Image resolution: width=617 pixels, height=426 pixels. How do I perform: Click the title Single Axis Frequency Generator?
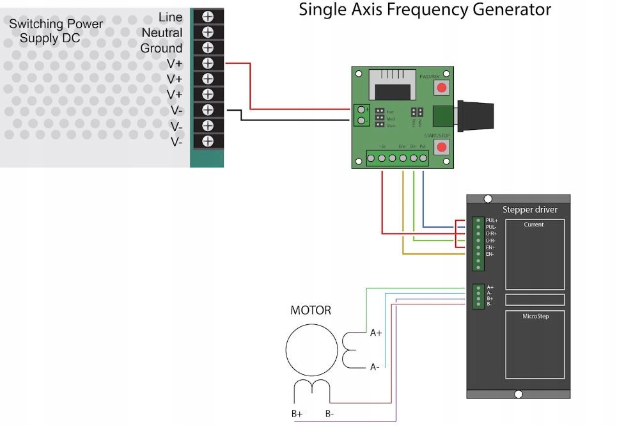tap(425, 10)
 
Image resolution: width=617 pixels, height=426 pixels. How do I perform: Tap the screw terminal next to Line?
tap(208, 17)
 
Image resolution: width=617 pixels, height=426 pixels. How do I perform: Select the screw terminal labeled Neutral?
tap(208, 32)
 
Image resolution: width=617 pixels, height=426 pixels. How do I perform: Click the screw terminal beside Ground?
tap(208, 48)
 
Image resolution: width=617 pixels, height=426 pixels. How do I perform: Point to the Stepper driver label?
tap(529, 209)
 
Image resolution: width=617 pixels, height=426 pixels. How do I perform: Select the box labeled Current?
tap(535, 254)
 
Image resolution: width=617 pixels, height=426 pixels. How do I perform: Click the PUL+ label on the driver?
tap(491, 220)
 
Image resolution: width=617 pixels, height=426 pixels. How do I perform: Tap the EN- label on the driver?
tap(490, 254)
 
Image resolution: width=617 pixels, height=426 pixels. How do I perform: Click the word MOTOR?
tap(311, 310)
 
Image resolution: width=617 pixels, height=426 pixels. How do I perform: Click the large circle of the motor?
tap(311, 349)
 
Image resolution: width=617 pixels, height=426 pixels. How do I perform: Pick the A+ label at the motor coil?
tap(376, 333)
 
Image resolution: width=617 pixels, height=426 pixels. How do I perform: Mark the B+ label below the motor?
tap(297, 414)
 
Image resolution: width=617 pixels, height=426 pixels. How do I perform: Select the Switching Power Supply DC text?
tap(56, 31)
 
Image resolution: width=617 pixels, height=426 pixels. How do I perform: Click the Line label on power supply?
tap(170, 17)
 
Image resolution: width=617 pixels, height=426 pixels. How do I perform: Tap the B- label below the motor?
tap(329, 414)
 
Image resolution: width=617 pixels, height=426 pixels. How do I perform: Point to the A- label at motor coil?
tap(375, 367)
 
